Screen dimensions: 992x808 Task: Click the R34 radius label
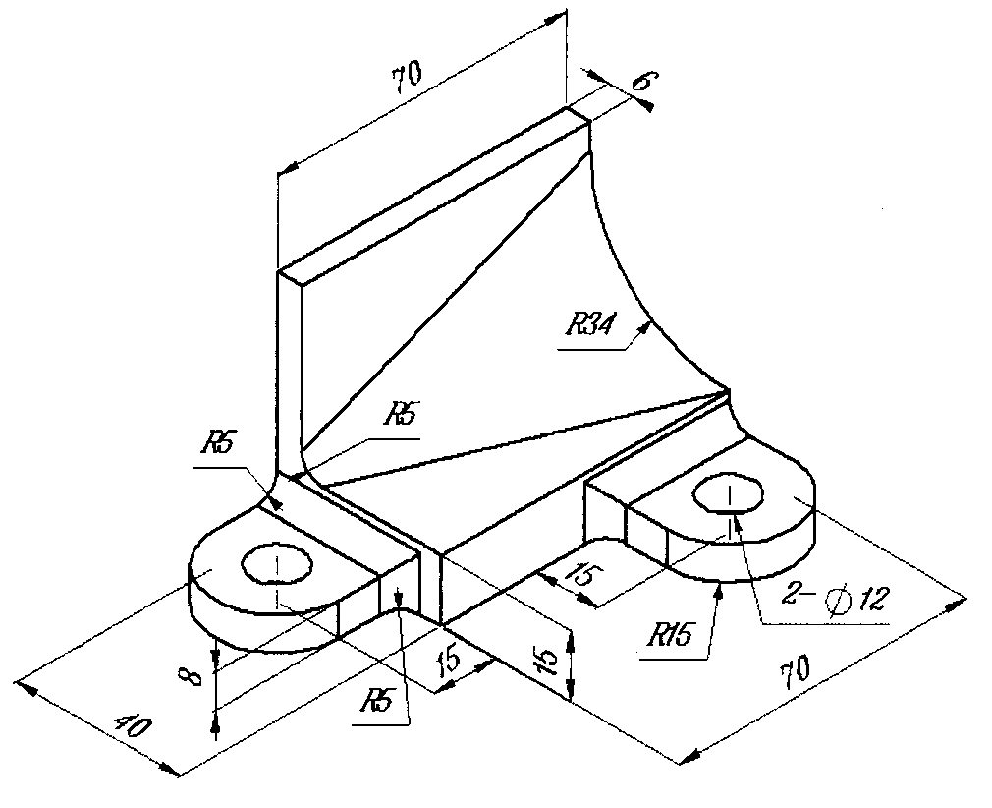589,324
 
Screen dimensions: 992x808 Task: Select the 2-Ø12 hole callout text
835,598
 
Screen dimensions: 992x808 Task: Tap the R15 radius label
669,635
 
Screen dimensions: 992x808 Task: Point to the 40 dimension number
133,726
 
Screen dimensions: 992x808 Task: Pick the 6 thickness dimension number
643,82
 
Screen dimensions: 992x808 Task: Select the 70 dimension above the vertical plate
407,77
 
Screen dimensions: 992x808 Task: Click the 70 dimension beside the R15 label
796,673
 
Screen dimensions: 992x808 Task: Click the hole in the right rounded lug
728,491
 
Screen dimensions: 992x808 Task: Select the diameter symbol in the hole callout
838,599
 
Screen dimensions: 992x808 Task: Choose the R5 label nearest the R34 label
401,415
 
